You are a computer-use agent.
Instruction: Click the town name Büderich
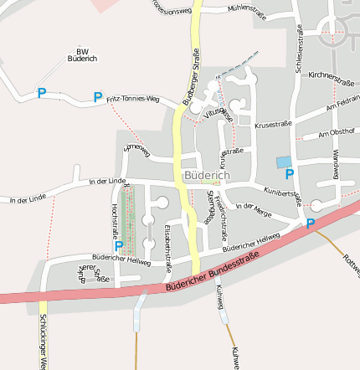[203, 176]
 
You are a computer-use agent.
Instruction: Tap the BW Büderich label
[81, 55]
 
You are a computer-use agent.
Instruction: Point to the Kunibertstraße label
[280, 193]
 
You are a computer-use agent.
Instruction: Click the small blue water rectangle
[285, 161]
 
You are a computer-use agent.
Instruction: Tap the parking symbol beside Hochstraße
[118, 246]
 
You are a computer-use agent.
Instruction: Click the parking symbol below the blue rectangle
[290, 174]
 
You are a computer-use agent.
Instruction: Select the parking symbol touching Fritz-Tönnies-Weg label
[98, 97]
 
